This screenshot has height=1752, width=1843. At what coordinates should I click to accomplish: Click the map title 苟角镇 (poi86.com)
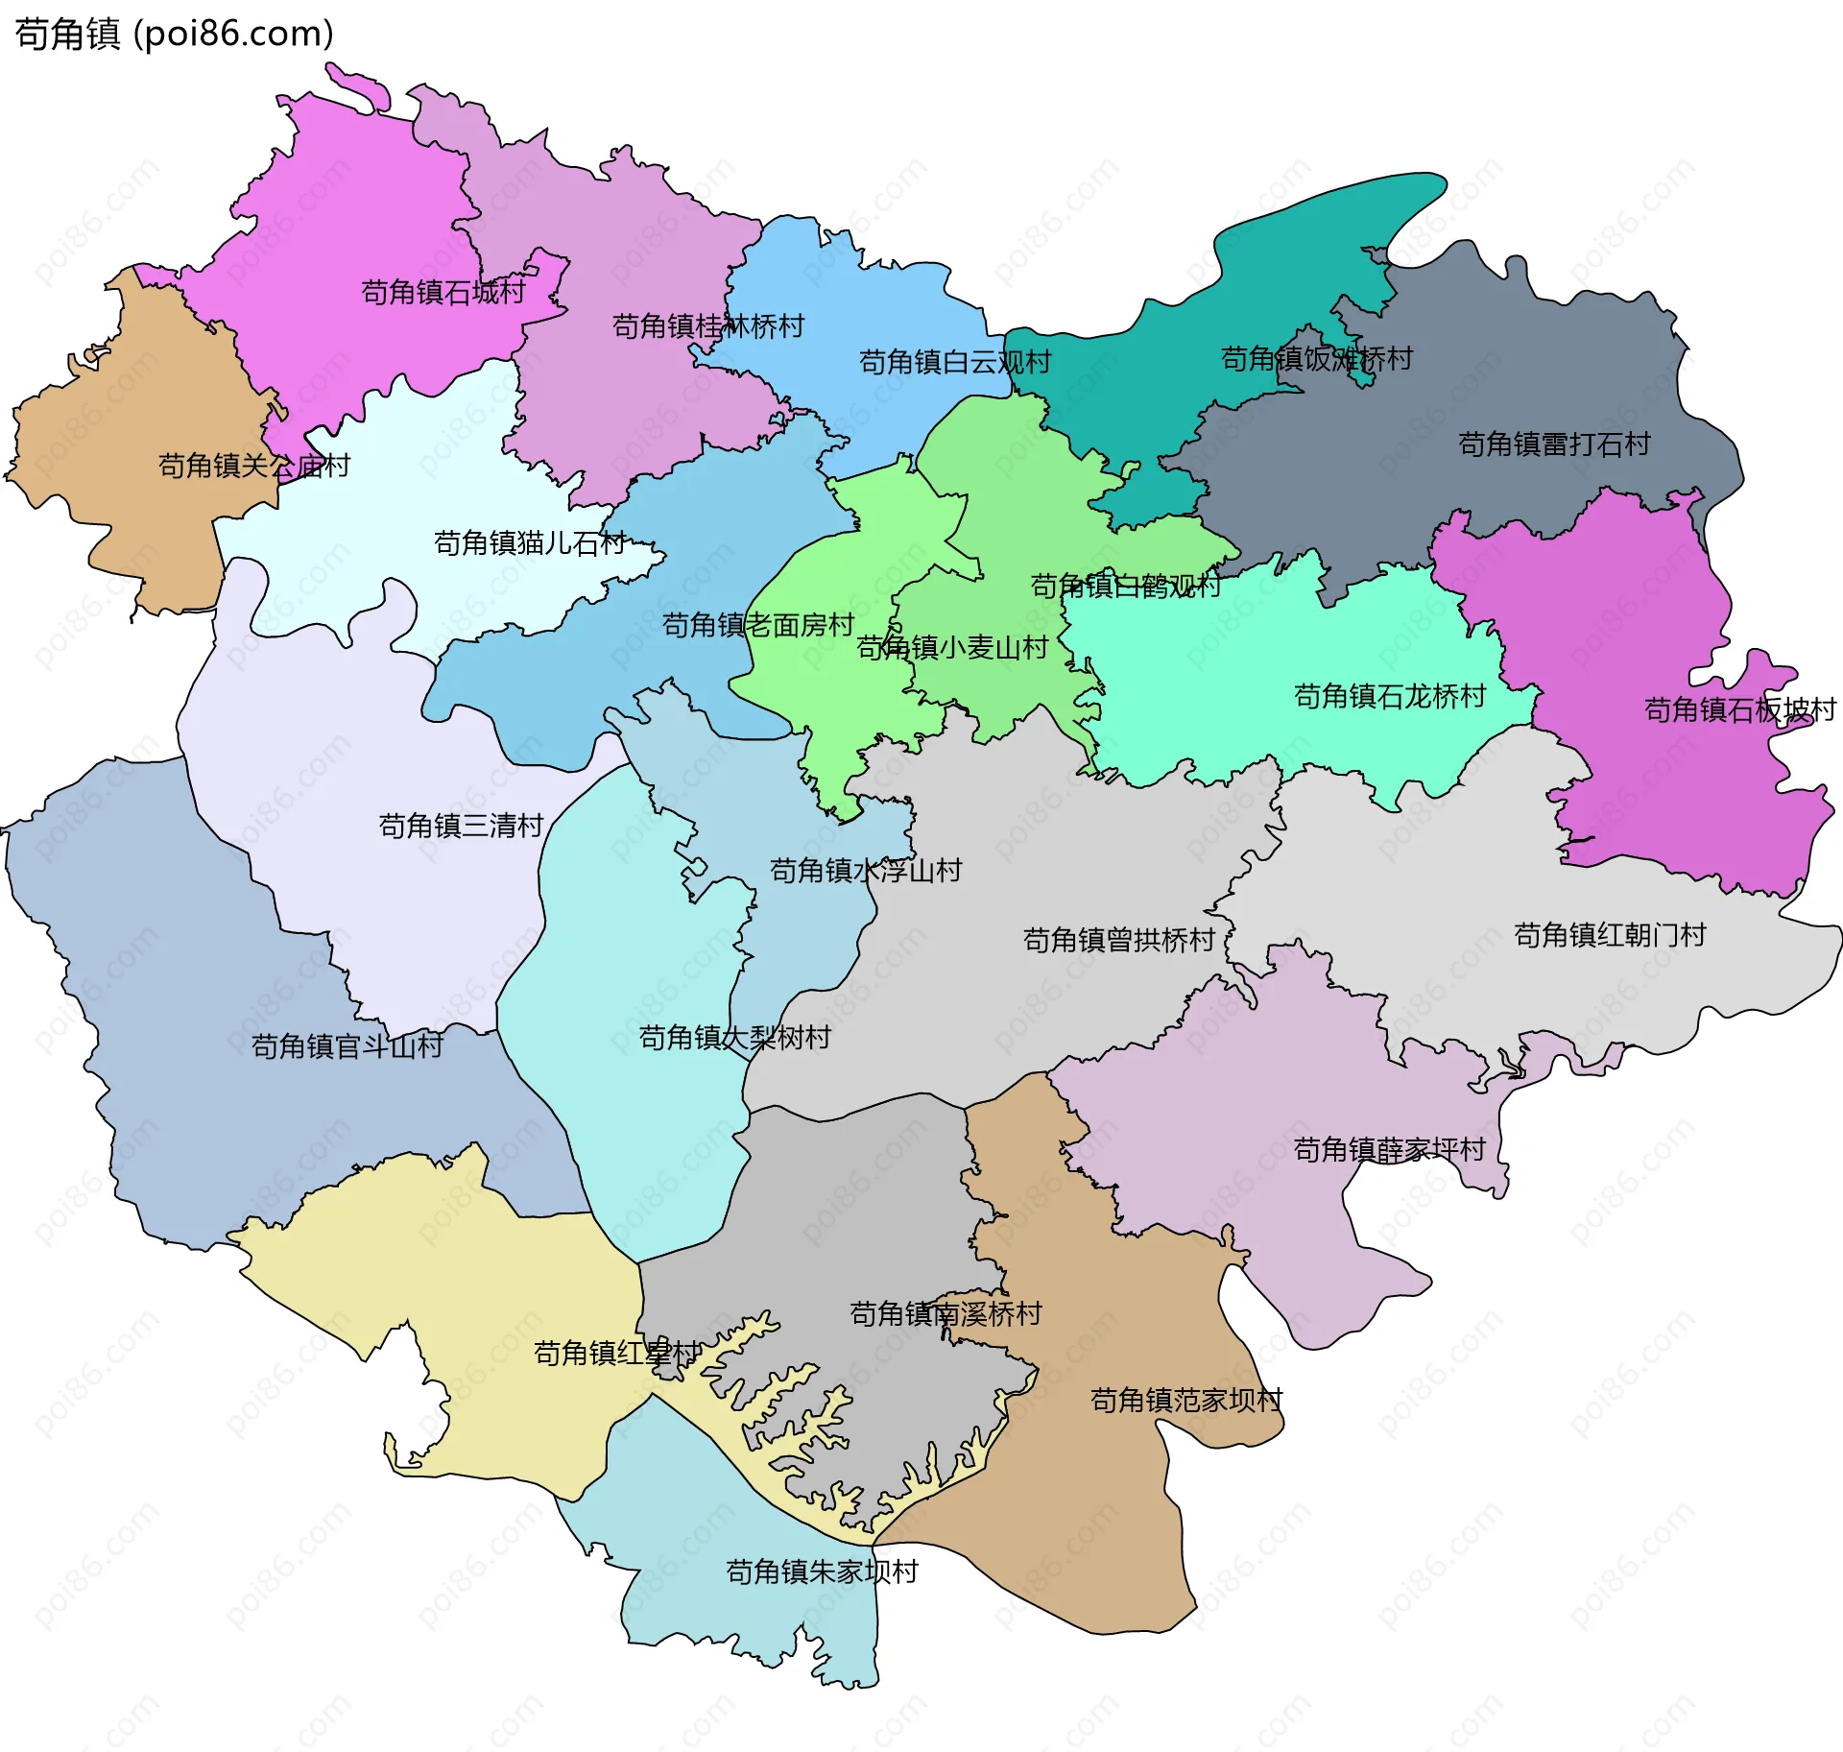[174, 34]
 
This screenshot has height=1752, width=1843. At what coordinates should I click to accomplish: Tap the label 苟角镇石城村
[443, 292]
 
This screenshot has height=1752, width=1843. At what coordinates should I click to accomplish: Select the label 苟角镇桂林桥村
[708, 326]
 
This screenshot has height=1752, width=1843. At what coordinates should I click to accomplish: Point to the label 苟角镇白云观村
[955, 362]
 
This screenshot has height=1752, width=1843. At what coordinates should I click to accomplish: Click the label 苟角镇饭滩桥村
[1316, 359]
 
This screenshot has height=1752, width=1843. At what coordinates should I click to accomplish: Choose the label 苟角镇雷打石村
[1554, 444]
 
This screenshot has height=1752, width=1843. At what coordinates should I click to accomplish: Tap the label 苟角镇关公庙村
[254, 467]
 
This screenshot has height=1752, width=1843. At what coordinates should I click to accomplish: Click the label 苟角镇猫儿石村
[530, 543]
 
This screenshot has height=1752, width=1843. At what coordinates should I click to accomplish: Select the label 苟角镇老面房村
[758, 626]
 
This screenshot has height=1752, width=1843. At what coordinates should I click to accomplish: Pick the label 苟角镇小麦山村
[952, 648]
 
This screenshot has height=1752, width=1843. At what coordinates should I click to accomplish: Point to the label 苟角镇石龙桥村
[1390, 696]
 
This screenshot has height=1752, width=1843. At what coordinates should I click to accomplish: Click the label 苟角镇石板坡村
[1740, 710]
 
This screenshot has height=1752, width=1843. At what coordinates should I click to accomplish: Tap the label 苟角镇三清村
[462, 826]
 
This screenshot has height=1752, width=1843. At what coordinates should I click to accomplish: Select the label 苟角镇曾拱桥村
[1119, 940]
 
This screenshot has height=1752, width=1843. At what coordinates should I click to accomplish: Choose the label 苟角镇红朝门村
[1610, 935]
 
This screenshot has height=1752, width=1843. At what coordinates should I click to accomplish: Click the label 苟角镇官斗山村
[347, 1046]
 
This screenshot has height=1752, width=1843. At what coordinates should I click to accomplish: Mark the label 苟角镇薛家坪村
[1389, 1150]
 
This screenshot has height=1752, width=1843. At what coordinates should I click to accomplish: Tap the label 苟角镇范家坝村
[1186, 1401]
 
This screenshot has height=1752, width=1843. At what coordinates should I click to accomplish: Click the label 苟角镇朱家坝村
[823, 1572]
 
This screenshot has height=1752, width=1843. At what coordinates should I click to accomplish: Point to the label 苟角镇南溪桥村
[945, 1314]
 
